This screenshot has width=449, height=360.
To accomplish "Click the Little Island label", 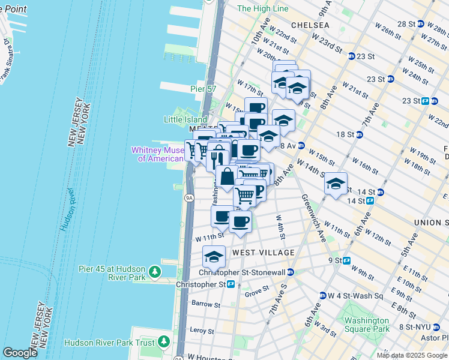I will click(185, 119).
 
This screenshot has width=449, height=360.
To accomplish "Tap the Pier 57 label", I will click(202, 89).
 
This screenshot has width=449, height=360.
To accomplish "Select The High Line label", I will click(262, 8).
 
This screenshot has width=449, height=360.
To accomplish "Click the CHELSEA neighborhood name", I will click(310, 25).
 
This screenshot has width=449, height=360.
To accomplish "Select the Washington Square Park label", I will click(363, 325).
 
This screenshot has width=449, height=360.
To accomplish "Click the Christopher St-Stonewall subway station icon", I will click(291, 272).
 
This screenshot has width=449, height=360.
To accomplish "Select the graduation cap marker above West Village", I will click(214, 256).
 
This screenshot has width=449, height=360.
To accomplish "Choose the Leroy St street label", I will click(202, 331).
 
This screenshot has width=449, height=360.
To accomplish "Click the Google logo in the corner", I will click(20, 353).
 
